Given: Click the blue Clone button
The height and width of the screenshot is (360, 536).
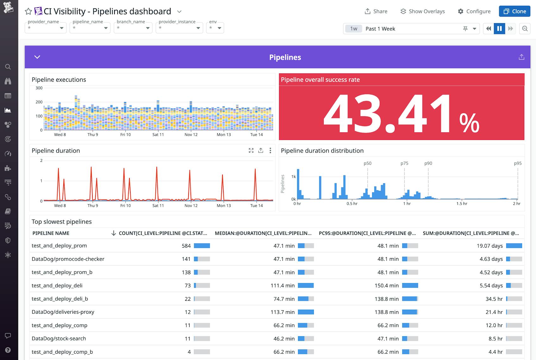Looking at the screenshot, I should [x=514, y=11].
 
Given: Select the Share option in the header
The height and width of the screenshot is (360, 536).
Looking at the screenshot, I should [x=376, y=11].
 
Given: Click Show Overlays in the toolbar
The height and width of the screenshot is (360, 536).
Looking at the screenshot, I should [x=422, y=11].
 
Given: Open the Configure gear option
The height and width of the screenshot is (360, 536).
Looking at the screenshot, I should [x=474, y=11].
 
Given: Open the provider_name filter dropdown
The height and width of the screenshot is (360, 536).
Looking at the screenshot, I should [x=46, y=28].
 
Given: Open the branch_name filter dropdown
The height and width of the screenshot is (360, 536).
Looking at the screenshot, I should [x=133, y=28].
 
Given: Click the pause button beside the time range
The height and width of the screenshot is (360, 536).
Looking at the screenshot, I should [x=499, y=28].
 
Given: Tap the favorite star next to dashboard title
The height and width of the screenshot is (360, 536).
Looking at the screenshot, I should [x=28, y=11].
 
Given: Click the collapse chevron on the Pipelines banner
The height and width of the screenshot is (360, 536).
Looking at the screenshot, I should [x=37, y=57].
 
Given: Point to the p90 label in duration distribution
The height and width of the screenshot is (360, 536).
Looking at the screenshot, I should [x=428, y=163].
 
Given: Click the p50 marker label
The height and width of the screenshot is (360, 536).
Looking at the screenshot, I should [x=367, y=163].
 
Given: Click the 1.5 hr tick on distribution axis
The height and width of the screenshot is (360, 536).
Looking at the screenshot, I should [x=462, y=204].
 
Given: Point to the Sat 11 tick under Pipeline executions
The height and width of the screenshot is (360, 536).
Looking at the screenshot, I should [x=158, y=135].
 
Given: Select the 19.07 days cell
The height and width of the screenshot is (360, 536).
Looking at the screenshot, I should [x=489, y=246].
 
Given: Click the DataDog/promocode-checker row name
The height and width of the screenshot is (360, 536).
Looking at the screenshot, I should [x=68, y=259].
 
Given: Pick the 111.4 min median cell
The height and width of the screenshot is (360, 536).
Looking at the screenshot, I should [x=282, y=286].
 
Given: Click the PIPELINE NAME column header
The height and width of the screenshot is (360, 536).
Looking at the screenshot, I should [x=51, y=233].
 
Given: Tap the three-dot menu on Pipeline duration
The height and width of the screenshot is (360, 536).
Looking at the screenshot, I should [x=270, y=150].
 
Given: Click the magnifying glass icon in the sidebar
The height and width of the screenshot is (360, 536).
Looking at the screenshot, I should [x=8, y=67].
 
